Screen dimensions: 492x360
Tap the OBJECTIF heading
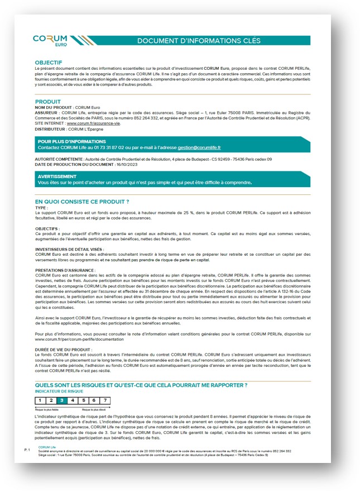coord(48,62)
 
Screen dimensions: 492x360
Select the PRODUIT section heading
coord(47,102)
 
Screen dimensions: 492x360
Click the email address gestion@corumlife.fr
coord(199,147)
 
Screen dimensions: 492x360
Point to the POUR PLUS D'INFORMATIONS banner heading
coord(71,142)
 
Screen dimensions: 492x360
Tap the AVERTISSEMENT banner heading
coord(57,176)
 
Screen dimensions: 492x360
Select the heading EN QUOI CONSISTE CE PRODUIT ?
coord(82,201)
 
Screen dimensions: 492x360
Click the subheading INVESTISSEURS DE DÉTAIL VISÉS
coord(69,249)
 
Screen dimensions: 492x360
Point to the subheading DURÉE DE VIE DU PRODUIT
coord(62,350)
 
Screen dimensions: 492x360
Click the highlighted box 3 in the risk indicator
coord(61,400)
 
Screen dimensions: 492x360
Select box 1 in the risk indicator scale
coord(40,400)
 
